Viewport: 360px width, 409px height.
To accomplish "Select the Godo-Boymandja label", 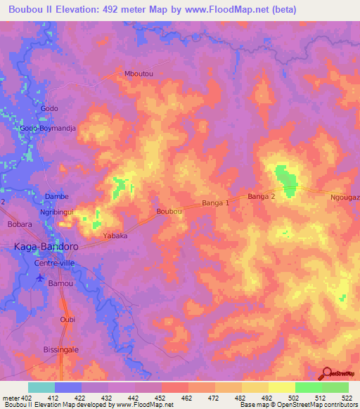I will (x=48, y=129).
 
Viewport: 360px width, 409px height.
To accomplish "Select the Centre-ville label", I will (x=53, y=263).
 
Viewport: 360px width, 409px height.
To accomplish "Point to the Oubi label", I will (x=67, y=319).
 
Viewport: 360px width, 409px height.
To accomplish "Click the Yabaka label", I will (x=115, y=236).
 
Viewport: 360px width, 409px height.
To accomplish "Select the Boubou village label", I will (x=169, y=211).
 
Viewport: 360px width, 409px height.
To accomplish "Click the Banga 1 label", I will (x=216, y=203).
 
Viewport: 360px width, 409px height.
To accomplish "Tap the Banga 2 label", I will (x=261, y=197).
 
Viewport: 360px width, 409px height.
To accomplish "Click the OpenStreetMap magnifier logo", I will (x=327, y=373).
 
